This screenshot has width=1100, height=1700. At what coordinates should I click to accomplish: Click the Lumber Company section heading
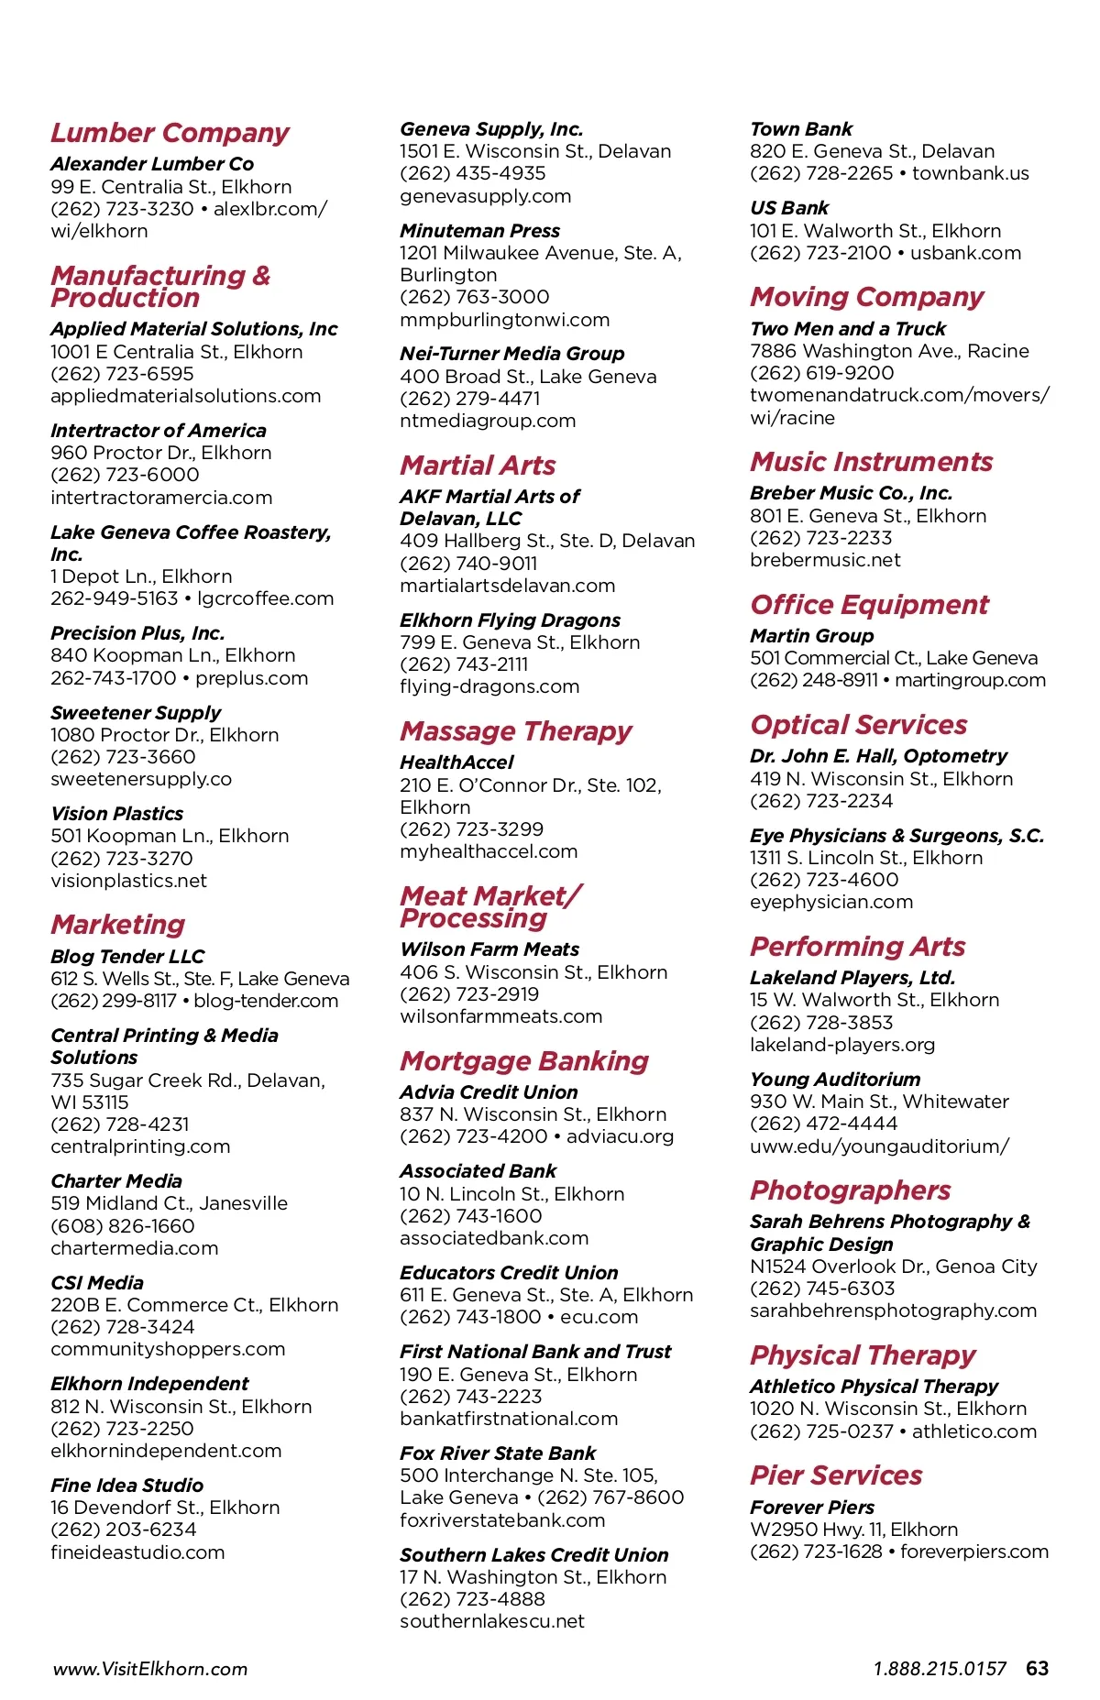[170, 134]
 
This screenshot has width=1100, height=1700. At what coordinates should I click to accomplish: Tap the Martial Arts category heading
[478, 466]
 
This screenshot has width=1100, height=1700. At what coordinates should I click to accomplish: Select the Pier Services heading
[836, 1475]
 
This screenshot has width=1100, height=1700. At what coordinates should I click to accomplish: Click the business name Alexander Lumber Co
[152, 164]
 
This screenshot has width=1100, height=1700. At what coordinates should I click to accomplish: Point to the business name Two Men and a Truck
[848, 329]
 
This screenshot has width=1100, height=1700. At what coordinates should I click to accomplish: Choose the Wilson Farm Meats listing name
[489, 949]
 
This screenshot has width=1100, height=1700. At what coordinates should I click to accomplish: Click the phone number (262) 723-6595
[122, 374]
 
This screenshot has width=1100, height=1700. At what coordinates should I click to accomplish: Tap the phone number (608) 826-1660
[122, 1226]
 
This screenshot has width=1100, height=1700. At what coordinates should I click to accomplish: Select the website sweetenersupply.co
[141, 779]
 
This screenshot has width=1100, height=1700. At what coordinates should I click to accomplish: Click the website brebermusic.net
[825, 560]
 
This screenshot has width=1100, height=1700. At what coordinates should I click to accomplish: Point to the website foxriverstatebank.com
[502, 1520]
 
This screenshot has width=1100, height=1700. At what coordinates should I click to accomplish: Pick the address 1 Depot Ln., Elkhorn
[141, 576]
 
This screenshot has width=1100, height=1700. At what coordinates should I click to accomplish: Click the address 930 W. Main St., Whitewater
[879, 1102]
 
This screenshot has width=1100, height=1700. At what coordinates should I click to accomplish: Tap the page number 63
[1038, 1669]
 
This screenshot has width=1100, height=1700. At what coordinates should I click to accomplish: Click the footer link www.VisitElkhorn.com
[150, 1669]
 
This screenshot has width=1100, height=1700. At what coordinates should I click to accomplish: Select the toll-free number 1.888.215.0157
[940, 1669]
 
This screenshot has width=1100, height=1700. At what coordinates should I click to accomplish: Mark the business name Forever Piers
[812, 1508]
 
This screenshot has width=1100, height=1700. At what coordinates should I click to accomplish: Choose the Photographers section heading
[851, 1190]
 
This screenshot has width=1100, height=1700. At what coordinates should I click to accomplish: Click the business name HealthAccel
[456, 762]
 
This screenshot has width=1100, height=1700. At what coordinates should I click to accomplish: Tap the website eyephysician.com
[831, 902]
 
